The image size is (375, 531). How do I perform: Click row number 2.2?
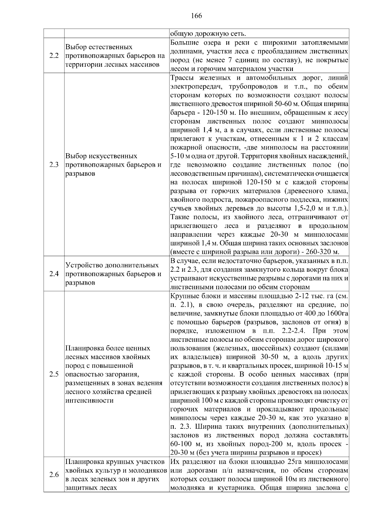pos(54,56)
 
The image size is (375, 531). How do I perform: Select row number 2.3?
pos(54,165)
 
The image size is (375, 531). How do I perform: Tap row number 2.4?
pos(54,274)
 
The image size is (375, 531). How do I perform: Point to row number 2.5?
pos(54,374)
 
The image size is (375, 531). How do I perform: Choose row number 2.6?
pos(54,475)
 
